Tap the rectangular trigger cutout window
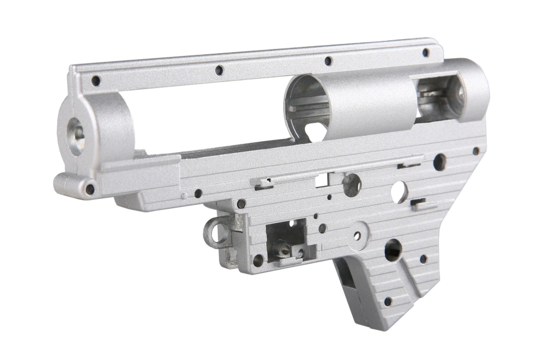[x=286, y=239]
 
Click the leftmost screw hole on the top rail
[x=96, y=80]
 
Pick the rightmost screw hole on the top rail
[x=426, y=52]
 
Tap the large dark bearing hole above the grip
[x=393, y=249]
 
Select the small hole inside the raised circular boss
[x=357, y=236]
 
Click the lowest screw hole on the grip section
[x=388, y=301]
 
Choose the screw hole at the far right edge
[x=476, y=151]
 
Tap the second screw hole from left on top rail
[x=219, y=70]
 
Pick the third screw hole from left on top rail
[x=328, y=61]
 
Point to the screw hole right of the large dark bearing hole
[x=423, y=259]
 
